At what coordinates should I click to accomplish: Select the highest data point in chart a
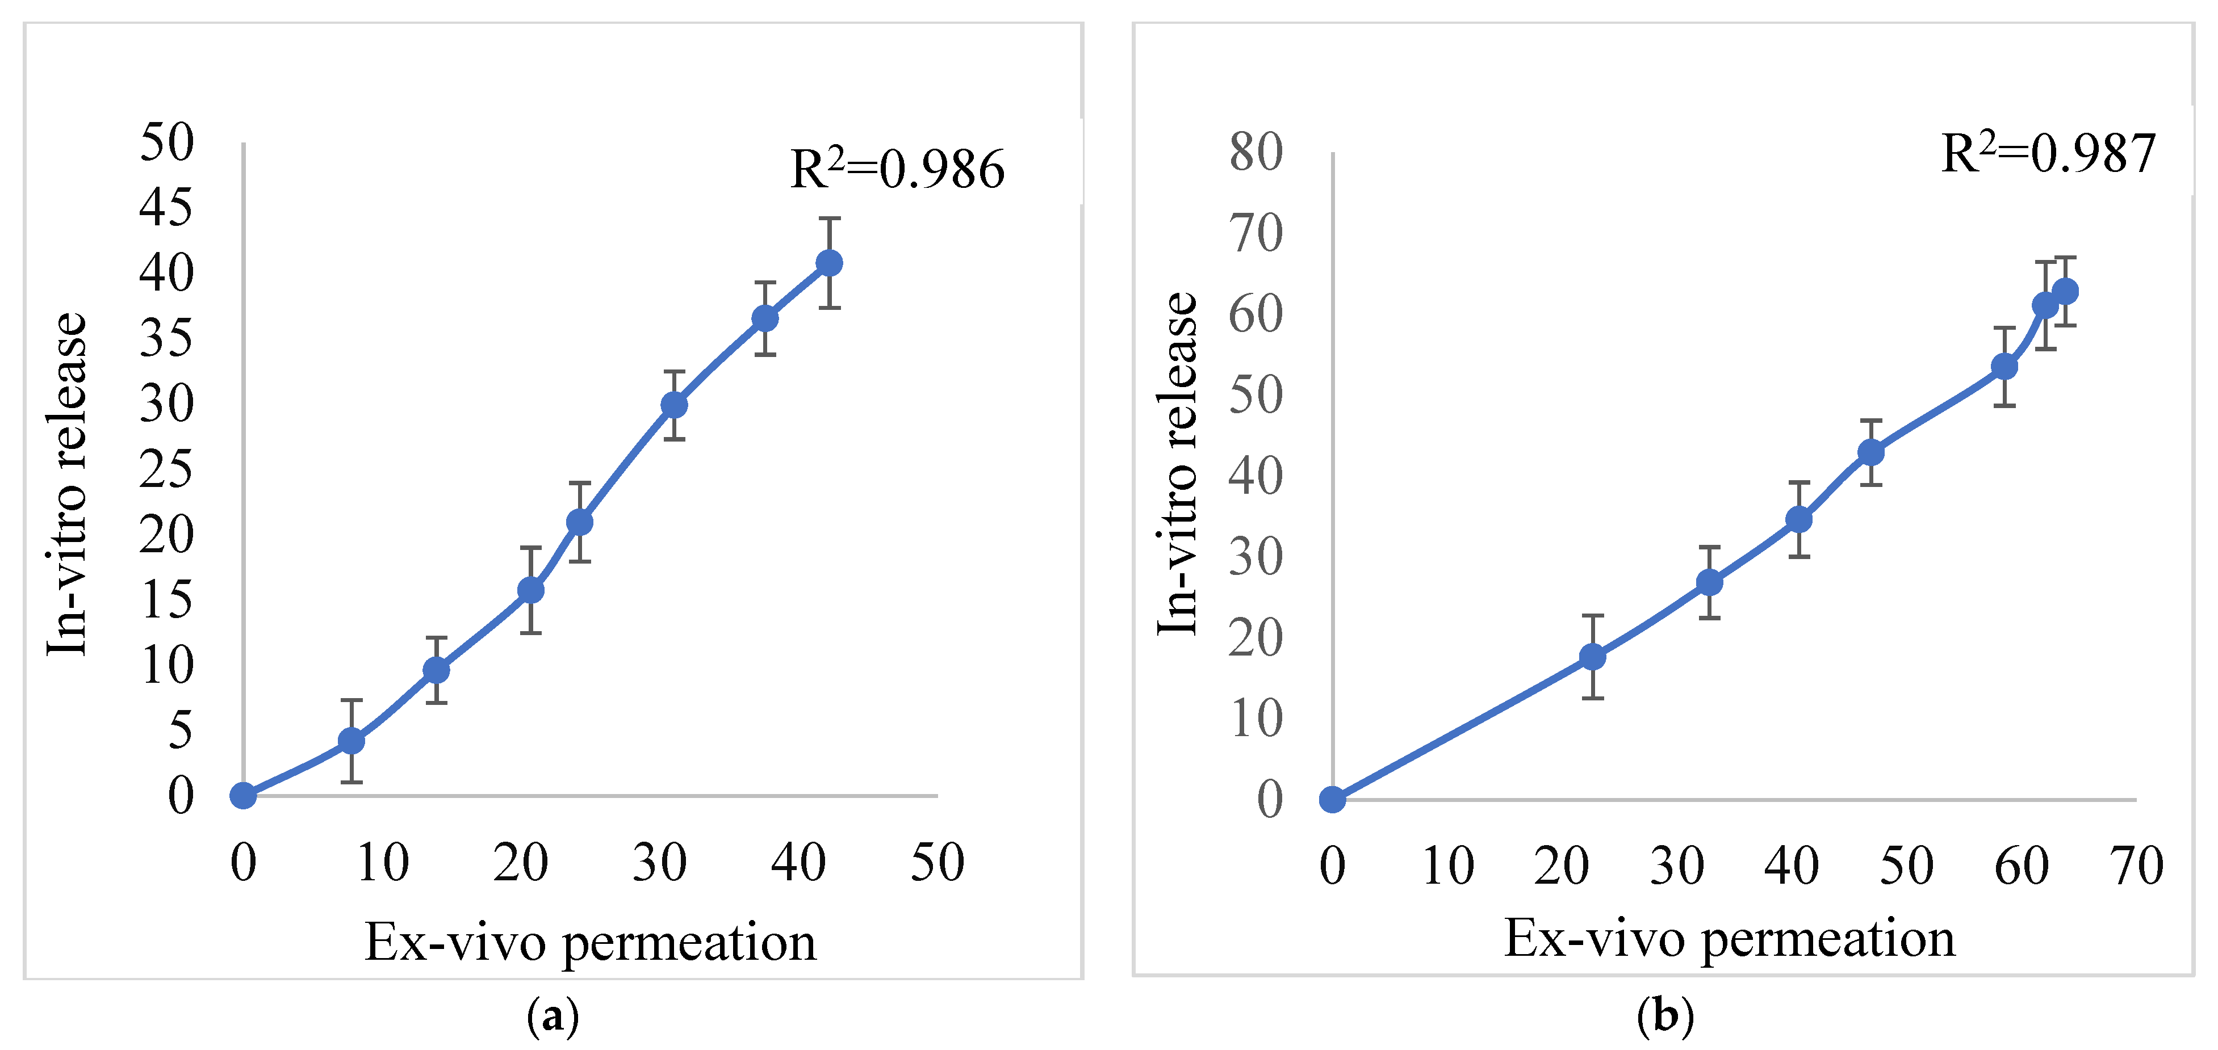pos(828,262)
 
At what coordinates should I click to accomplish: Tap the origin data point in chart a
pos(244,795)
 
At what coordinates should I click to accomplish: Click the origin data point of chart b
pos(1332,800)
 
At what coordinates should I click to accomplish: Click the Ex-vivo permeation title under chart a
pos(591,942)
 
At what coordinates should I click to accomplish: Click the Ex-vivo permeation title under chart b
pos(1729,938)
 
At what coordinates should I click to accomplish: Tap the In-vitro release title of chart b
pos(1177,465)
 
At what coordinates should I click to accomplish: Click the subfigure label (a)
pos(553,1017)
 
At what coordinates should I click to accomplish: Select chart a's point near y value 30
pos(674,405)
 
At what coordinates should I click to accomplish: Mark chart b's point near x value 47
pos(1870,452)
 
